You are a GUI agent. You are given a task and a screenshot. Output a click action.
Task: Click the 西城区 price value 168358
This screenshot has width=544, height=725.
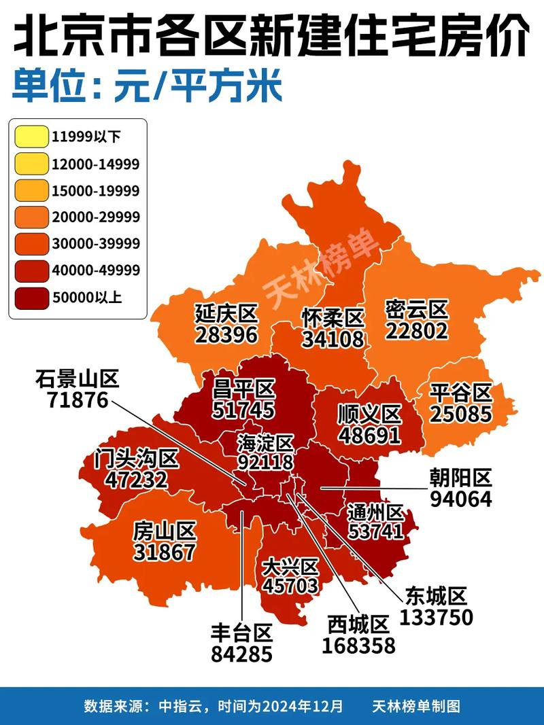pos(358,645)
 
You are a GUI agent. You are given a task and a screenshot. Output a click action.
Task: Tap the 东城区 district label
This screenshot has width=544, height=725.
pos(436,597)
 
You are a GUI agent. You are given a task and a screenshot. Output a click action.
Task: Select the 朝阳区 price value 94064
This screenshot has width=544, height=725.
pos(460,499)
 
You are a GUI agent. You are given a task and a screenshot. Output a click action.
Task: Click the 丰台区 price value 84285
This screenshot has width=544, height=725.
pos(241,654)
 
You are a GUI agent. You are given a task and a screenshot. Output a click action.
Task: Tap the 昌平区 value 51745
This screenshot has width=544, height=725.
pos(243,410)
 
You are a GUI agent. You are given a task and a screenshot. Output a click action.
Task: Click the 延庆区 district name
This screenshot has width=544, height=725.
pos(226,314)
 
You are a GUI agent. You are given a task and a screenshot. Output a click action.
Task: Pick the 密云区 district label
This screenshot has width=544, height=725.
pos(416,310)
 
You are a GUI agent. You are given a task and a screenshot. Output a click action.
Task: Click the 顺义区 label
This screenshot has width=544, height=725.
pos(369,414)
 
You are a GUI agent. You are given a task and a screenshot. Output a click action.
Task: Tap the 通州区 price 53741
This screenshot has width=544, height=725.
pos(375,531)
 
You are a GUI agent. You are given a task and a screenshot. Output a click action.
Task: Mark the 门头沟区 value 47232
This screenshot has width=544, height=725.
pos(136,480)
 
